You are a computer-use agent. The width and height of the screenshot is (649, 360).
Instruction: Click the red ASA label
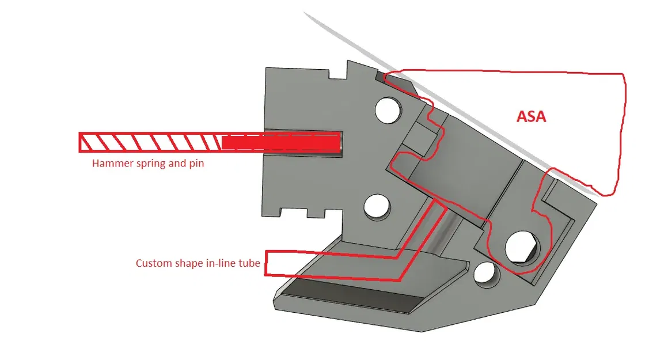click(532, 116)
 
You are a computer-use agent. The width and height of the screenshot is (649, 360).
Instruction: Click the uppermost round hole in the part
click(388, 110)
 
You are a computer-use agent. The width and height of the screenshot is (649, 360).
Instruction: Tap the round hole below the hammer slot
click(377, 206)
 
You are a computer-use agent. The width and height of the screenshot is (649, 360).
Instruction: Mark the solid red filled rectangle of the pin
click(281, 142)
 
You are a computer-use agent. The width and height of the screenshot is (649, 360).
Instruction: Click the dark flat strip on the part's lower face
click(352, 294)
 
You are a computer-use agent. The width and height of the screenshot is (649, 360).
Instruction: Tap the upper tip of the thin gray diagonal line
click(304, 13)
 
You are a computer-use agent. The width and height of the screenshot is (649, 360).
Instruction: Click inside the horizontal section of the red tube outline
click(331, 265)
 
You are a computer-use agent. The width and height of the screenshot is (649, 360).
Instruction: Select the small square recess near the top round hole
click(419, 137)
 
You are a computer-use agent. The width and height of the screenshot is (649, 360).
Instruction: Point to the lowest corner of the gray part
click(422, 331)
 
